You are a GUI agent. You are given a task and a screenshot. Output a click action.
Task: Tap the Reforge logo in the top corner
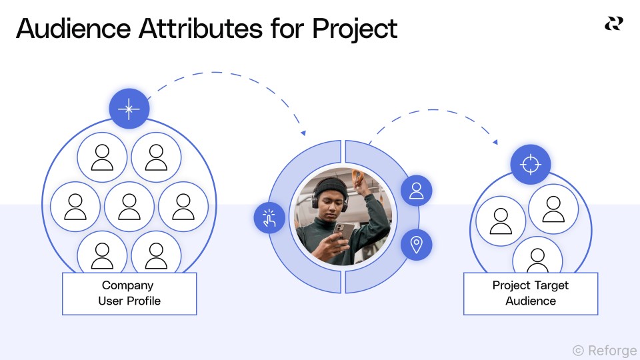[x=613, y=24]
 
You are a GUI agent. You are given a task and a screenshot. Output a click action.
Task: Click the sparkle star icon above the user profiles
[x=129, y=108]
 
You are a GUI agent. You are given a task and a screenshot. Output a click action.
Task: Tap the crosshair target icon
[x=530, y=164]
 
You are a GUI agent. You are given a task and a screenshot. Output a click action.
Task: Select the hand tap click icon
[x=269, y=218]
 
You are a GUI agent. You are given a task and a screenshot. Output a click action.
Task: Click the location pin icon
[x=417, y=244]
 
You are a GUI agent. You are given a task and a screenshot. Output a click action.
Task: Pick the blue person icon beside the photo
[x=417, y=191]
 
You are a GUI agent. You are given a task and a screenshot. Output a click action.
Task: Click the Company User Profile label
[x=129, y=293]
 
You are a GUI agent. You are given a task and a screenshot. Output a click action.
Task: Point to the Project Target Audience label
[x=531, y=293]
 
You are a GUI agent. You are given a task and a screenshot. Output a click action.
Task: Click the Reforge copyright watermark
[x=604, y=350]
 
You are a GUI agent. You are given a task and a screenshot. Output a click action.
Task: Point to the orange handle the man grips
[x=359, y=177]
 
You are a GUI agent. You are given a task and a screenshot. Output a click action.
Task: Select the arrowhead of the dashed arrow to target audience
[x=495, y=141]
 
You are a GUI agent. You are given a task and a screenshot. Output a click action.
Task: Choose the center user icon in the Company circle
[x=129, y=207]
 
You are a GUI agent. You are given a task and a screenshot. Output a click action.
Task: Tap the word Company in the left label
[x=123, y=285]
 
